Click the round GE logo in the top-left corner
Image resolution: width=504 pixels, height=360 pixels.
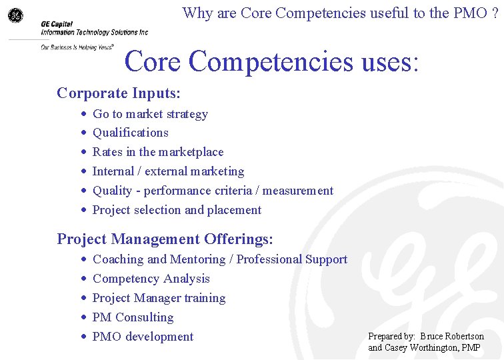(15, 15)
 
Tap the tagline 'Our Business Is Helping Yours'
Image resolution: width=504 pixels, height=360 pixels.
(77, 47)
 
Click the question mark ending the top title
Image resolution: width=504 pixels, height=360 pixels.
(495, 13)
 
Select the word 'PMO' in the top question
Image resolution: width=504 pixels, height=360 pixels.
(471, 13)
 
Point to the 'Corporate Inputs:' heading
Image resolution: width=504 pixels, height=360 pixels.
(119, 93)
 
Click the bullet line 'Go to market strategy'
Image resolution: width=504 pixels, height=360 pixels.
(150, 114)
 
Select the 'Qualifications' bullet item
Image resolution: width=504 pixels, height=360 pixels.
(130, 133)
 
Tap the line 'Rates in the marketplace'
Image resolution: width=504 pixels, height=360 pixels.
(158, 152)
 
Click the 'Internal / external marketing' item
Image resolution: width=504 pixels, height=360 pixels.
(168, 171)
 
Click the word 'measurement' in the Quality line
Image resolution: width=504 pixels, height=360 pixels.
(298, 191)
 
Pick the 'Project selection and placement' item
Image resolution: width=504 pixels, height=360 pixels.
(177, 210)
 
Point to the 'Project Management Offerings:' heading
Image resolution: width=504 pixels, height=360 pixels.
(165, 239)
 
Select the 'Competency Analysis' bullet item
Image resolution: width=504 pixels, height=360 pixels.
(151, 279)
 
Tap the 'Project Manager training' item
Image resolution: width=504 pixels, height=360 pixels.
(159, 298)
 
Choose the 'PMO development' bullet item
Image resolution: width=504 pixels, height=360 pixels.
(143, 337)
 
